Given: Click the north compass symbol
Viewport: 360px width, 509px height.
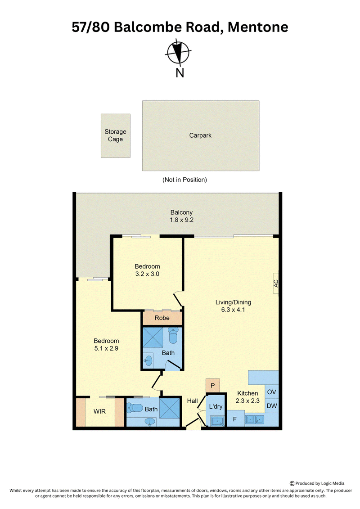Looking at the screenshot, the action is [178, 52].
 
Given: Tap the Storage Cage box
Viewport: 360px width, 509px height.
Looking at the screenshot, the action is [116, 136].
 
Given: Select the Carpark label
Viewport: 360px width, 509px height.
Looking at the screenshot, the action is [200, 135].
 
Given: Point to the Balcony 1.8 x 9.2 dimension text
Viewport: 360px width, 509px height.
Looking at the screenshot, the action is [181, 220].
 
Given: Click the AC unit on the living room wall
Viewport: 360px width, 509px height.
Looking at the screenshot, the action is [275, 284].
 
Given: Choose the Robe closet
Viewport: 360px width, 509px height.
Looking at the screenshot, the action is [162, 318].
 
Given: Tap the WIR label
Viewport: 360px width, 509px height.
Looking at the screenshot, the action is [99, 411].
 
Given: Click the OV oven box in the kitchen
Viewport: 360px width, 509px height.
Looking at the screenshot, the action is [272, 392].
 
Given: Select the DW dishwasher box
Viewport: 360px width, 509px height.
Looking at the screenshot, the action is [272, 406].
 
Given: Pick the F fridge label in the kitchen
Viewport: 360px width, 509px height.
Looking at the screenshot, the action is [235, 419].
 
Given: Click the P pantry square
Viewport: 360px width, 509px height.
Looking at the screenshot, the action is [212, 386].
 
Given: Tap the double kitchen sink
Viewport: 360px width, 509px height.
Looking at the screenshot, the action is [255, 420].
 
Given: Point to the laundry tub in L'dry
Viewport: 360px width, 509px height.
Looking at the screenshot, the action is [217, 421].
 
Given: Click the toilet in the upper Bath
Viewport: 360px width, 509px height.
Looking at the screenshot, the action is [173, 335].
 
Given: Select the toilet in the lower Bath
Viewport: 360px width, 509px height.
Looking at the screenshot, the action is [135, 408].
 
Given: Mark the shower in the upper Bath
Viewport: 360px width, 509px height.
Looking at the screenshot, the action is [154, 338].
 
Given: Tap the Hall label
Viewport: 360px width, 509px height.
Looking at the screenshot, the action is [193, 401].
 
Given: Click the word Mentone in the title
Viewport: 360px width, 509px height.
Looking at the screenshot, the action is [258, 27].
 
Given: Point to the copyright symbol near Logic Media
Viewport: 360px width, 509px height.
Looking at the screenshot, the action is [292, 483].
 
